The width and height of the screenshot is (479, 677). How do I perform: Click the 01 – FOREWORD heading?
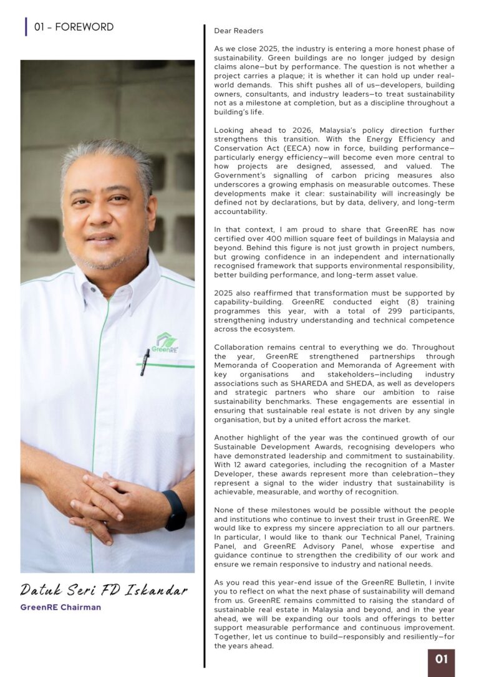click(74, 27)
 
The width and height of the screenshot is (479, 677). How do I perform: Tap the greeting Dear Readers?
click(239, 31)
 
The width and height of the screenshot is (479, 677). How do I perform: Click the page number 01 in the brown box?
click(442, 660)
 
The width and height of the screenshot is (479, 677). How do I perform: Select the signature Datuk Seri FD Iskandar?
click(104, 589)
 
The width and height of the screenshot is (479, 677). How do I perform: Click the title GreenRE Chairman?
click(60, 607)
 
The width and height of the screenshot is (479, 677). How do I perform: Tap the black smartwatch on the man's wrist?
click(175, 510)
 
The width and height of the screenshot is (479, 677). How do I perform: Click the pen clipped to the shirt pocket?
click(145, 362)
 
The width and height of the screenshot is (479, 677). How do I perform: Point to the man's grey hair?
click(106, 153)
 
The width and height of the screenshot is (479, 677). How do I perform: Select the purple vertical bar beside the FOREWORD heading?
click(26, 27)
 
